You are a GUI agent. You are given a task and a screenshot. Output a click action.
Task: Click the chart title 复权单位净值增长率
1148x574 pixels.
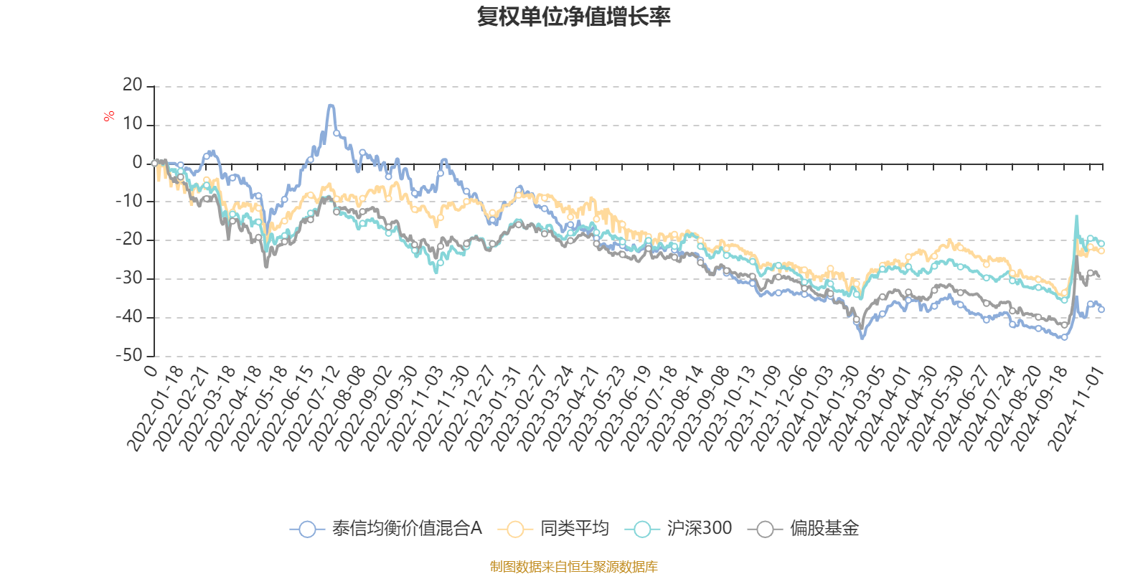click(x=574, y=17)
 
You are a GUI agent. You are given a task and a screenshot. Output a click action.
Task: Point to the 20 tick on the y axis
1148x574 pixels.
click(x=133, y=85)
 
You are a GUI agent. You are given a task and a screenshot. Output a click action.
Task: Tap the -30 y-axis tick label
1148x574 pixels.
click(x=130, y=278)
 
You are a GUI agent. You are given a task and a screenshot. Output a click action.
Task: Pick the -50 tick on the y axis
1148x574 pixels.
click(x=130, y=354)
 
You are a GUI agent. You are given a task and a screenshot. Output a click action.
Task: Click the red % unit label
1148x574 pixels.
click(x=109, y=116)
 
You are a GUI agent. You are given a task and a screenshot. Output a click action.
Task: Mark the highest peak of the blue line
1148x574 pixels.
click(x=331, y=105)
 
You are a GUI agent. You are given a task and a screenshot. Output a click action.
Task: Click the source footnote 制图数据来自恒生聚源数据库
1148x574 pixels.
click(x=574, y=567)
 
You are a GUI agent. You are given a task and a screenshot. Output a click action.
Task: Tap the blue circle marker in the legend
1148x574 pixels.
click(x=307, y=530)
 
